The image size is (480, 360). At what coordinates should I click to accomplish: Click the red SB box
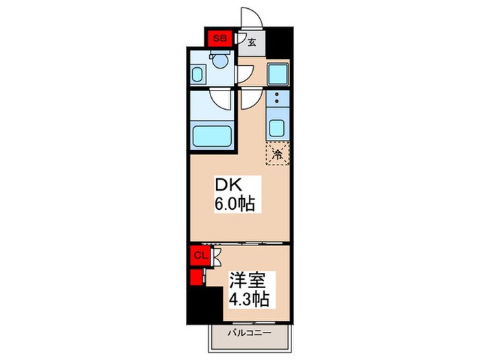pyautogui.click(x=220, y=39)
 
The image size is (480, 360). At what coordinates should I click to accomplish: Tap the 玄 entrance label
pyautogui.click(x=251, y=42)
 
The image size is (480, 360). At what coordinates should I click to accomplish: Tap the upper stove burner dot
pyautogui.click(x=277, y=95)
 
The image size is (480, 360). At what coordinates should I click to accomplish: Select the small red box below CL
pyautogui.click(x=196, y=278)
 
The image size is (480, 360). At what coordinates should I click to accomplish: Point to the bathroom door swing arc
pyautogui.click(x=221, y=100)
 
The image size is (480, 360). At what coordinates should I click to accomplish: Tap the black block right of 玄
pyautogui.click(x=277, y=42)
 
